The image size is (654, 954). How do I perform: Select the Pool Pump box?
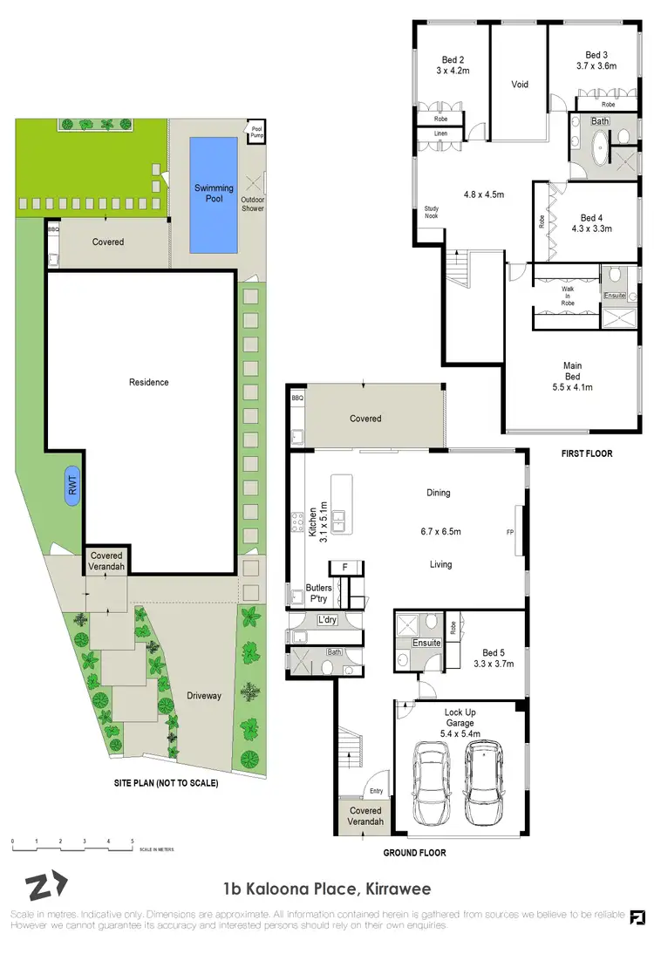(257, 133)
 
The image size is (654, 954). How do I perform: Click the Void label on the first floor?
(520, 85)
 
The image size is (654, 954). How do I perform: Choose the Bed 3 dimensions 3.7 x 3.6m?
(596, 65)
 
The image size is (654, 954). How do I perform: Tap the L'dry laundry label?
(328, 620)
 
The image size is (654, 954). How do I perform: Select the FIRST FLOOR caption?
(588, 453)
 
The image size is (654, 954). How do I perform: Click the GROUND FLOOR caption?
(414, 853)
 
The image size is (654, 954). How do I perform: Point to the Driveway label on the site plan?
(204, 696)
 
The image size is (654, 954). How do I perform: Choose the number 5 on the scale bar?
(133, 842)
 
